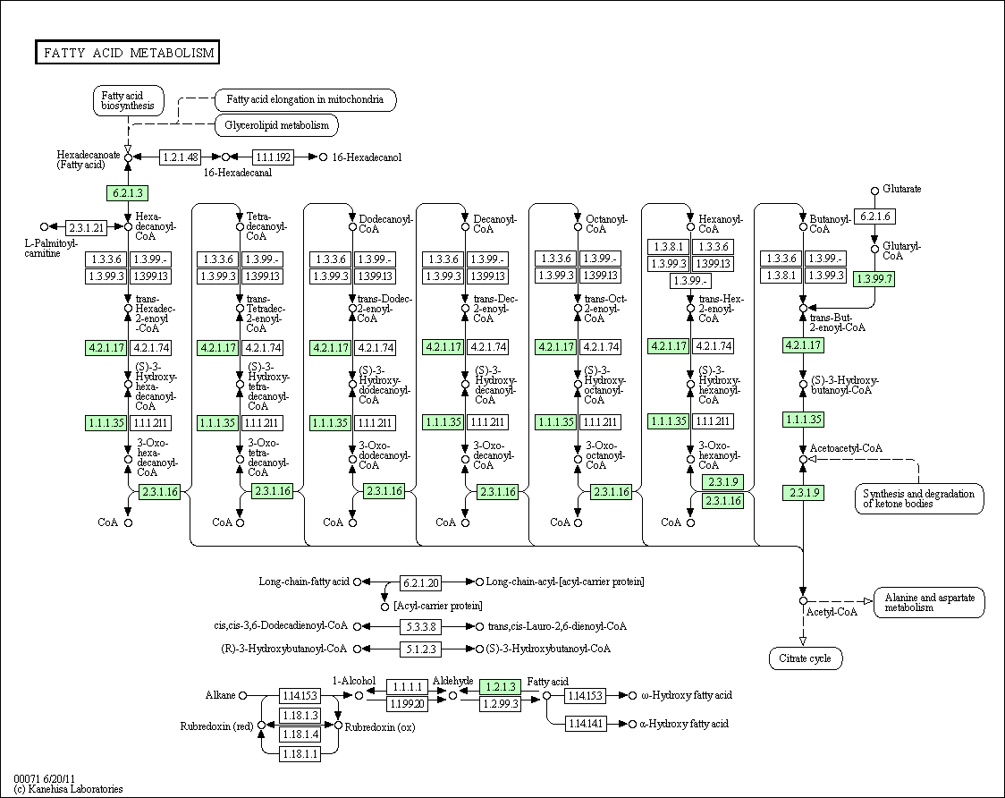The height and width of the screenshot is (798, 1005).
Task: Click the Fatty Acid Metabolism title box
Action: click(x=128, y=53)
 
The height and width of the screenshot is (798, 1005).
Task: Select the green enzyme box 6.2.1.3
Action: click(x=126, y=192)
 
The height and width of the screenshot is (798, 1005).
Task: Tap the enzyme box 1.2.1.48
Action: click(x=181, y=157)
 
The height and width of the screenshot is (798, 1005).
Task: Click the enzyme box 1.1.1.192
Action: click(x=274, y=157)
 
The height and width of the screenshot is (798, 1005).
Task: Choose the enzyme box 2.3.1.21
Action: click(x=87, y=227)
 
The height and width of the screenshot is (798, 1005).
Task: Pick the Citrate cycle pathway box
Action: click(x=803, y=658)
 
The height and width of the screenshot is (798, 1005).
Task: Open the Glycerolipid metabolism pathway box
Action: click(x=276, y=125)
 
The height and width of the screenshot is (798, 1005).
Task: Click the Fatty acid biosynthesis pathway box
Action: click(x=128, y=100)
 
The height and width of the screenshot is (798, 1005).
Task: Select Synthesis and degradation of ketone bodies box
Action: click(x=918, y=498)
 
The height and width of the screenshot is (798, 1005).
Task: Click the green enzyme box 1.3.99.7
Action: click(x=874, y=278)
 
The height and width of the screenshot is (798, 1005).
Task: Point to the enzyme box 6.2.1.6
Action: click(x=874, y=216)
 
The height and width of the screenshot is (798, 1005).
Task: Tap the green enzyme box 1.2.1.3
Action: click(x=501, y=687)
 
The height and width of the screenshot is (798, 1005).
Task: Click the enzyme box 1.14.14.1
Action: click(x=586, y=723)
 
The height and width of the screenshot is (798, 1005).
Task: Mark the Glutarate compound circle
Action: click(x=874, y=191)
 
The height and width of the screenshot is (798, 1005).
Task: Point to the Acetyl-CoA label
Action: click(x=832, y=612)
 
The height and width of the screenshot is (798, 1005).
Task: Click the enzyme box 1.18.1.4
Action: click(x=300, y=734)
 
